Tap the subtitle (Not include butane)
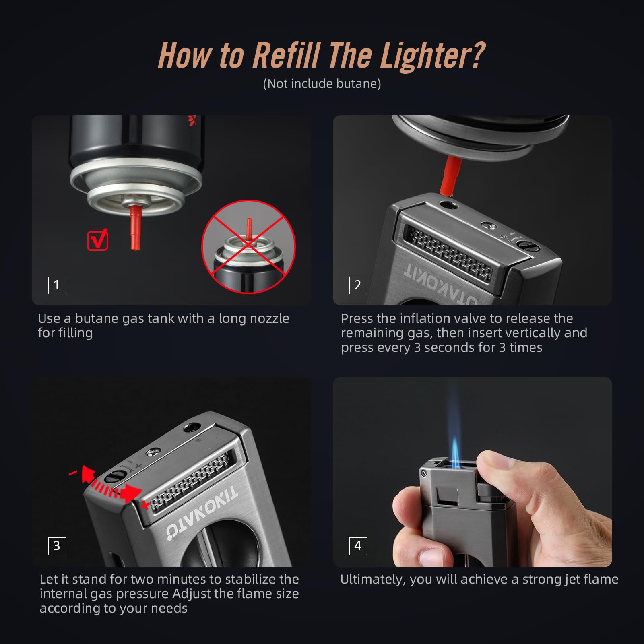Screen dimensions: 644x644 [x=322, y=84]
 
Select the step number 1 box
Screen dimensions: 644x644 [x=57, y=285]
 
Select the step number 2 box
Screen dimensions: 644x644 [x=358, y=285]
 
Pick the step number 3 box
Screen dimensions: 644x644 [x=57, y=546]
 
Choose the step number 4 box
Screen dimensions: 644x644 [x=358, y=546]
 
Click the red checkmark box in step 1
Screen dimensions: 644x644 [x=97, y=240]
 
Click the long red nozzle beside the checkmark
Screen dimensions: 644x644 [x=135, y=227]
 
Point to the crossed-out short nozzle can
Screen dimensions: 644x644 [x=248, y=247]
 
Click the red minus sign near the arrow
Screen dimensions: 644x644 [x=73, y=473]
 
